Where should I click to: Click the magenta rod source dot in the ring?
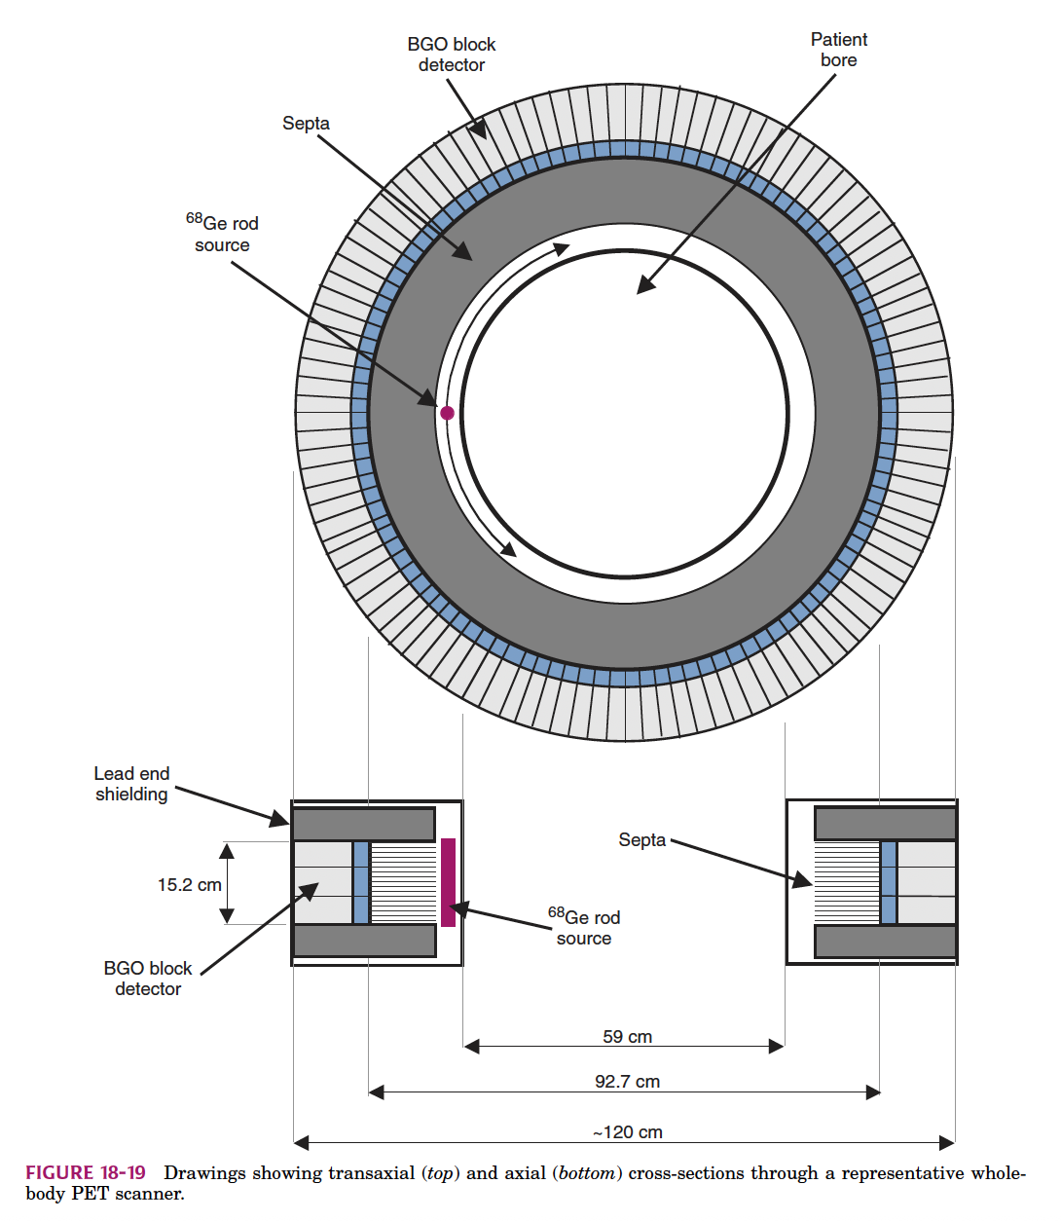(x=447, y=413)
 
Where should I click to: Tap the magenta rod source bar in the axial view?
(x=448, y=882)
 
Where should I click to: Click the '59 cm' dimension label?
(x=627, y=1036)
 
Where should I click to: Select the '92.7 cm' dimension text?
(x=627, y=1081)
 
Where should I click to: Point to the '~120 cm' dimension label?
(x=627, y=1131)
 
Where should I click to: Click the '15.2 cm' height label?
(x=189, y=884)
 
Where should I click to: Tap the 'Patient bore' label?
(x=838, y=50)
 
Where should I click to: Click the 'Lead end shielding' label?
(x=131, y=784)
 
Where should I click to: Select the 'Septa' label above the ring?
(x=306, y=123)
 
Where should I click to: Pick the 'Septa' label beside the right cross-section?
(x=641, y=839)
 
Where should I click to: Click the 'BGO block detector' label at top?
(x=451, y=55)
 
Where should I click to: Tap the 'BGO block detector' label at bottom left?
(x=148, y=979)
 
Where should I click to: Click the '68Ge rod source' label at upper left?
(x=222, y=234)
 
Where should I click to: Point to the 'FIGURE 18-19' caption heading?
(x=86, y=1172)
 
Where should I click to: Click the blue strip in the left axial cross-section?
(x=361, y=882)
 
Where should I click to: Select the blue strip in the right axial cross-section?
(x=888, y=882)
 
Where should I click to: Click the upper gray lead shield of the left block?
(x=363, y=824)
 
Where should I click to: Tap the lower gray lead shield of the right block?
(x=885, y=942)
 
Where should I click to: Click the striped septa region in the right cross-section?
(x=846, y=882)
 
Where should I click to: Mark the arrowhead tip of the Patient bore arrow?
(x=639, y=292)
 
